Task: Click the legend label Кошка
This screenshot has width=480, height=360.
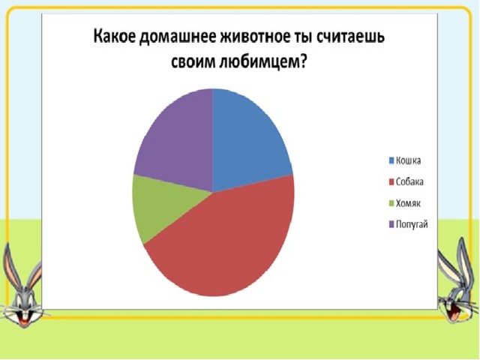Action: tap(408, 160)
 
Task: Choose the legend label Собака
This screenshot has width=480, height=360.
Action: tap(409, 181)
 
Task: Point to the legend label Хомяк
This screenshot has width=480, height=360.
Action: tap(408, 203)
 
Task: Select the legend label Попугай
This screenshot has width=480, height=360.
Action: tap(412, 224)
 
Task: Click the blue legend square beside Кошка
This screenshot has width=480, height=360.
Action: tap(391, 160)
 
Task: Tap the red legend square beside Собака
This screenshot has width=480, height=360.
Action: tap(391, 181)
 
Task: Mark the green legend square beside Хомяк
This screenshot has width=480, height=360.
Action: tap(391, 203)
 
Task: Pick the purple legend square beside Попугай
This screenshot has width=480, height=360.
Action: tap(391, 224)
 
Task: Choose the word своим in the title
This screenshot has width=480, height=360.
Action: tap(193, 64)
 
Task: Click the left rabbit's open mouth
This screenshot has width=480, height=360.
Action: tap(23, 318)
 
